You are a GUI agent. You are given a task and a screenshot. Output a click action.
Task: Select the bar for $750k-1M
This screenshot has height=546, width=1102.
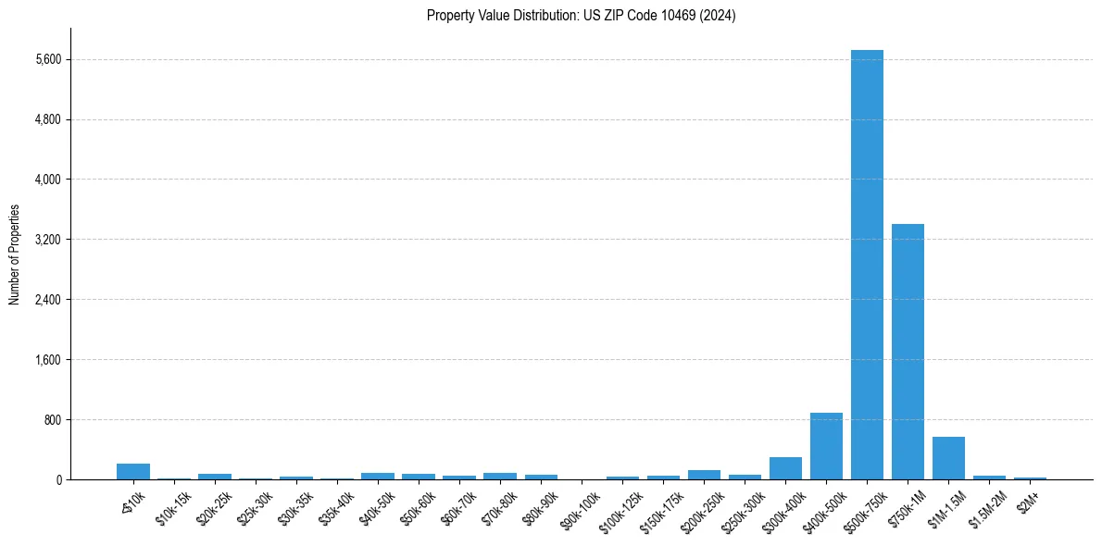[908, 352]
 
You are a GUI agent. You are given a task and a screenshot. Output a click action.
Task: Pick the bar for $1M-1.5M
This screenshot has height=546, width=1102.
[948, 458]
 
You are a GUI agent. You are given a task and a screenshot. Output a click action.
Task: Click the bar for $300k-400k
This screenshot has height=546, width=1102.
[785, 468]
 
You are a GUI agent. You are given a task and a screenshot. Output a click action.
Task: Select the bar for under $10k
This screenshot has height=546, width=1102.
[133, 472]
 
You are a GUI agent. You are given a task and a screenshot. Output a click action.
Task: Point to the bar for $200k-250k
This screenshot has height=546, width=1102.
[704, 475]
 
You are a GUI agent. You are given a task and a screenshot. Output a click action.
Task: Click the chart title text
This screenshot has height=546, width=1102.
[581, 16]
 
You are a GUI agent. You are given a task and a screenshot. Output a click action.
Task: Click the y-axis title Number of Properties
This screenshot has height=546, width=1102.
[15, 254]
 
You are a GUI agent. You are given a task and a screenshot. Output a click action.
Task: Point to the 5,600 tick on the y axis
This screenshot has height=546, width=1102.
[47, 59]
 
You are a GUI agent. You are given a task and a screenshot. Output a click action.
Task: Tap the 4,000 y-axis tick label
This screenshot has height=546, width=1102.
[47, 180]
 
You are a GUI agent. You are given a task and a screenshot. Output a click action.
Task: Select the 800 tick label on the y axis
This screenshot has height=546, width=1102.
[52, 420]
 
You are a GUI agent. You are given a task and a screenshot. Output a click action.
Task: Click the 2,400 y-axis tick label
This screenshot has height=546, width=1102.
[47, 300]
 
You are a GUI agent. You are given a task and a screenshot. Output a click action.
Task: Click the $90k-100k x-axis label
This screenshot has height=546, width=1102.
[580, 503]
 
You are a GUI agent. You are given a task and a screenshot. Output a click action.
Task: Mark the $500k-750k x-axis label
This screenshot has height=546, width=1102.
[865, 503]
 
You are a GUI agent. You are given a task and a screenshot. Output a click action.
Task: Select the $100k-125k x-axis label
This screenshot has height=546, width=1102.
[620, 505]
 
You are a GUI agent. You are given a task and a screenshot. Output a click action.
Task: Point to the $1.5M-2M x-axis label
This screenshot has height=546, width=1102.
[987, 503]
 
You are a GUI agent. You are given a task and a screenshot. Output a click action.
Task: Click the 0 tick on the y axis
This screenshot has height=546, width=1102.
[57, 479]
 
